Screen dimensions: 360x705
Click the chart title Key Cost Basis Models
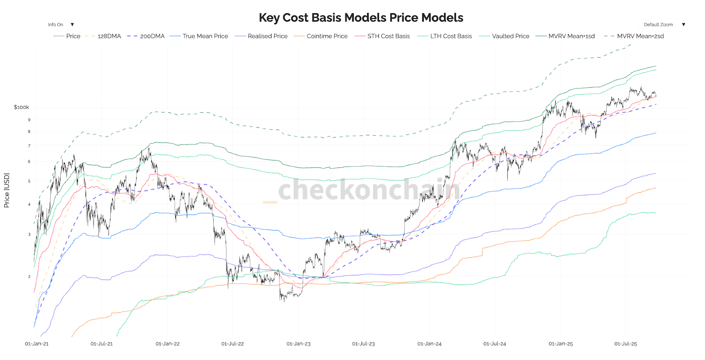[x=360, y=18]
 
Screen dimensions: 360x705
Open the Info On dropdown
[x=61, y=25]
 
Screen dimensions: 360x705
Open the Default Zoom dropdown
[x=664, y=25]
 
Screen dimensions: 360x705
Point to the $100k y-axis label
[x=21, y=107]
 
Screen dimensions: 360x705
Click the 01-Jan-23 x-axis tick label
[x=298, y=344]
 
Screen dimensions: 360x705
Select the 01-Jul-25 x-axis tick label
[x=626, y=344]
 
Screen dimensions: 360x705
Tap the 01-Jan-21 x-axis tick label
[x=37, y=344]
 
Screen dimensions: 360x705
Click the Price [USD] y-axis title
[x=7, y=190]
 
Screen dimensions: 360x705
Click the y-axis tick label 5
[x=29, y=181]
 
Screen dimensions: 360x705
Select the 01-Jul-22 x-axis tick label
[x=232, y=344]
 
